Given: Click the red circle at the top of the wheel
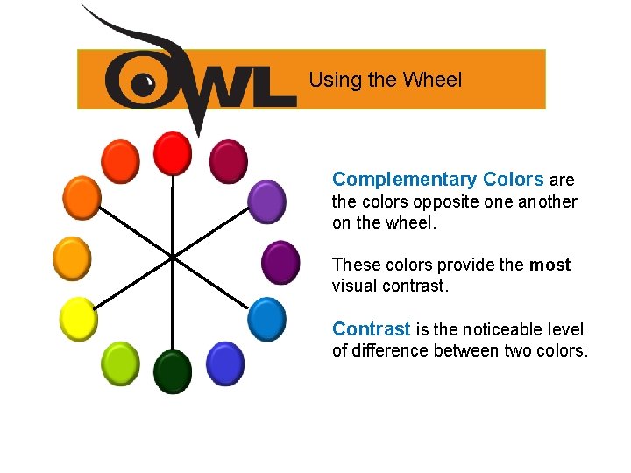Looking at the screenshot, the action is pyautogui.click(x=173, y=152).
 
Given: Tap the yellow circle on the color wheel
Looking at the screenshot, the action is pyautogui.click(x=77, y=318).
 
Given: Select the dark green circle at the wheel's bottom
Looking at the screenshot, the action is pyautogui.click(x=173, y=371).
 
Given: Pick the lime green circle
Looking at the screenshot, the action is pyautogui.click(x=121, y=363).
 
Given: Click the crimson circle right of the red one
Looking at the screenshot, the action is pyautogui.click(x=228, y=161).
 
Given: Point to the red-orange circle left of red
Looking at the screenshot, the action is pyautogui.click(x=120, y=161).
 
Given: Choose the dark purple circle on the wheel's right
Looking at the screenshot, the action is pyautogui.click(x=280, y=261).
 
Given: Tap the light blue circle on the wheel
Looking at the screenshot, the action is pyautogui.click(x=266, y=318).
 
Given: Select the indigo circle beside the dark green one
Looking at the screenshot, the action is pyautogui.click(x=224, y=363).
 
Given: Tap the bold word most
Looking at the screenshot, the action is pyautogui.click(x=550, y=265).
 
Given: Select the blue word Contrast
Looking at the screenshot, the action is pyautogui.click(x=371, y=329).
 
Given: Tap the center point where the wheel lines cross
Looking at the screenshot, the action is pyautogui.click(x=173, y=257).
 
